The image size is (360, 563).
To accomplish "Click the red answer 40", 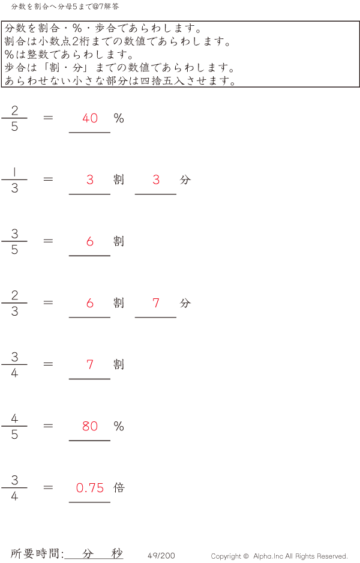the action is (x=90, y=118).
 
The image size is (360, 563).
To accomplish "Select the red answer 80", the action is (x=90, y=426).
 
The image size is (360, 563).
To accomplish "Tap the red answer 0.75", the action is (x=90, y=488).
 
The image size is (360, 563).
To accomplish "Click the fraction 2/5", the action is (x=14, y=118).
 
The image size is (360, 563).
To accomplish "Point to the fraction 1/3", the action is (x=14, y=180).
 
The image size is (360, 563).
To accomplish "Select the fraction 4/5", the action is (x=14, y=426).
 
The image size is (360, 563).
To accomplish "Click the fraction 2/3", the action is (x=14, y=303).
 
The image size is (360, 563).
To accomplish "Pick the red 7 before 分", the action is (x=156, y=303).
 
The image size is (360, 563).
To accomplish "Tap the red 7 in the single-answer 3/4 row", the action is (x=90, y=365).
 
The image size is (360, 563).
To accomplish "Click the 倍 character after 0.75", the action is (x=119, y=487).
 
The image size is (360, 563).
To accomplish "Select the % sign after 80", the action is (x=119, y=426).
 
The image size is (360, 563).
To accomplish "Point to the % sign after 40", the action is (x=119, y=118).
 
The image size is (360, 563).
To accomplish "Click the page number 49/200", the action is (x=161, y=555).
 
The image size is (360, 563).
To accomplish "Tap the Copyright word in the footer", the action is (x=226, y=556).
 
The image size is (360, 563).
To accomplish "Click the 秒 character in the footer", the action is (x=116, y=553).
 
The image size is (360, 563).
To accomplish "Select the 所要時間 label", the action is (x=35, y=553).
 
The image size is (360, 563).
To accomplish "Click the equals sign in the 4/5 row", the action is (x=48, y=426).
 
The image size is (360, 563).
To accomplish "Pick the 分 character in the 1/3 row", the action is (x=185, y=179).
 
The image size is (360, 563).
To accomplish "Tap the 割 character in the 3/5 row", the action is (x=119, y=241).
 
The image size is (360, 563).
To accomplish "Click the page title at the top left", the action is (x=65, y=7).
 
